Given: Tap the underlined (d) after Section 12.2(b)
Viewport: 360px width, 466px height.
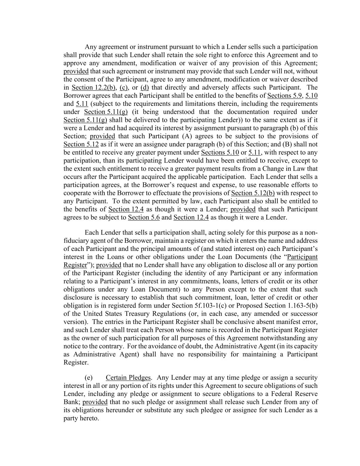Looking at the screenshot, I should point(145,88).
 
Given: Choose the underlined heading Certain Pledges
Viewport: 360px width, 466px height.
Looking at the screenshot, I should point(128,378).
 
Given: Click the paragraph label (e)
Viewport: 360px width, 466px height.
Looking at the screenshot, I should point(89,378).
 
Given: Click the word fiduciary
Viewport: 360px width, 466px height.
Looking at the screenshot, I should point(77,241).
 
